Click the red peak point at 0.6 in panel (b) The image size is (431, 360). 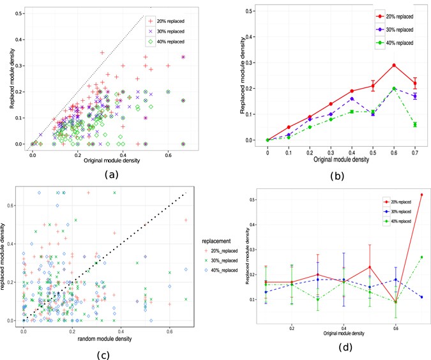394,65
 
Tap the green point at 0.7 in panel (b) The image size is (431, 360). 415,124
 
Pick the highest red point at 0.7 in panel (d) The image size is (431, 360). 422,194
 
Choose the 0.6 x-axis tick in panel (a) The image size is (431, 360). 168,150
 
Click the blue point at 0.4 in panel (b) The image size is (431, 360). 352,98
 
